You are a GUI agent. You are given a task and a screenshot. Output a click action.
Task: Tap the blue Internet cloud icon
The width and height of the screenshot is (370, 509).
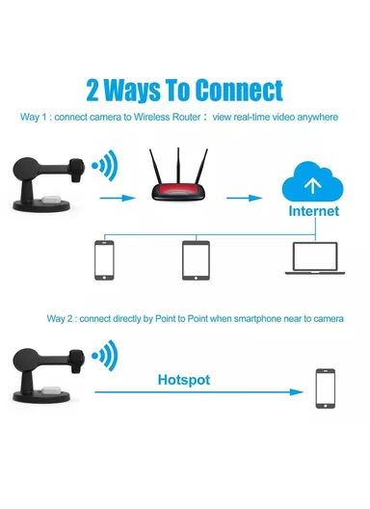[312, 182]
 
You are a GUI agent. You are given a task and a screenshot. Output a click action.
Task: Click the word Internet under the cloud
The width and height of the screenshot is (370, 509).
[314, 211]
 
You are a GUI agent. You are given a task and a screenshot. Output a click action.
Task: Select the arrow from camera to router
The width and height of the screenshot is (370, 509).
[118, 198]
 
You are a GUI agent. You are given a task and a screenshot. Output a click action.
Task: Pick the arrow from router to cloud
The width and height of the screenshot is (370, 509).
[244, 198]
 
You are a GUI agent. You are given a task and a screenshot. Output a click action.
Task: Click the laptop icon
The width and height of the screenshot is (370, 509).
[315, 258]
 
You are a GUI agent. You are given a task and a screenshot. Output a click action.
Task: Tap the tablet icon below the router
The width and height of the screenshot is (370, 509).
[196, 260]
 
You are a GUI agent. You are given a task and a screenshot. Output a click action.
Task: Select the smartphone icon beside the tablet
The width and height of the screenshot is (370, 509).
[104, 260]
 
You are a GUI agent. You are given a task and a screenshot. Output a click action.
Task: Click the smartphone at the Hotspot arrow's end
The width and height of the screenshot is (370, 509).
[326, 388]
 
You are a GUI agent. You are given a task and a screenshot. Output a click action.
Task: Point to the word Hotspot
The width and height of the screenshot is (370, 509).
[184, 380]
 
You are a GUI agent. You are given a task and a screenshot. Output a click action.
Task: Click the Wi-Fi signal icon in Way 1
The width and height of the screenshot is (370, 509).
[104, 166]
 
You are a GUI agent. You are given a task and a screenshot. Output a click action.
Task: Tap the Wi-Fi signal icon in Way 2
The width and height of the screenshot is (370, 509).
[104, 356]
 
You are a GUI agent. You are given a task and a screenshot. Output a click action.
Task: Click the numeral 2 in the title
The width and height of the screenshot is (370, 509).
[92, 91]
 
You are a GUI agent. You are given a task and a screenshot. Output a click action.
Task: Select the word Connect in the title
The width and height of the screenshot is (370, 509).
[240, 91]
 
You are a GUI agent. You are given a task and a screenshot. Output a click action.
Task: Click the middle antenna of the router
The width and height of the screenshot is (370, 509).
[178, 166]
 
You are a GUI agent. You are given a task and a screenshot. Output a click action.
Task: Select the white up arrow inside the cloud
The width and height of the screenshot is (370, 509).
[312, 185]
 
